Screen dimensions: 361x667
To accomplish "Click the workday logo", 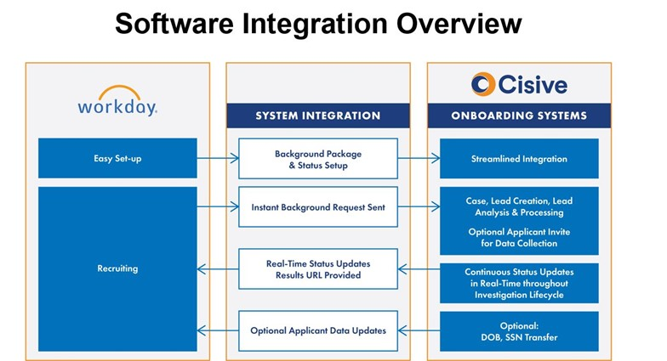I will pos(117,102).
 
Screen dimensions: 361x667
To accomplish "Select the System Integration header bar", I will pos(318,116).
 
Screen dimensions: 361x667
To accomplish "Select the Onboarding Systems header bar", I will pos(519,116).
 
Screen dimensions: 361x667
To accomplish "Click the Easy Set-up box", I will pos(117,158).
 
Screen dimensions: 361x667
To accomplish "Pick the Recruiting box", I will pos(117,268).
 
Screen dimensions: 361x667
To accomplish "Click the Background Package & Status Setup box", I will pos(318,159).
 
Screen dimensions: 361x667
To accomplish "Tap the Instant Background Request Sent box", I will pos(318,206).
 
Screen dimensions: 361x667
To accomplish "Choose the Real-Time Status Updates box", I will pos(318,269).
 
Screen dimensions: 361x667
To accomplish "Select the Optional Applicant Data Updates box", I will pos(318,330).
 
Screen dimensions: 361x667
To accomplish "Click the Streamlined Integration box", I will pos(519,158).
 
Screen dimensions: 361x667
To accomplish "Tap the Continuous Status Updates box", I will pos(519,283).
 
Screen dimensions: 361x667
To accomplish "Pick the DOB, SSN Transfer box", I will pos(519,330).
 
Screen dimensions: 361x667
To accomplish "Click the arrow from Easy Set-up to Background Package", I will pos(217,158).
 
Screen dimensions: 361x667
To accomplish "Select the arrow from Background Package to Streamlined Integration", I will pos(418,158).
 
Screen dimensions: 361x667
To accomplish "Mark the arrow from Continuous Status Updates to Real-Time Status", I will pos(418,269).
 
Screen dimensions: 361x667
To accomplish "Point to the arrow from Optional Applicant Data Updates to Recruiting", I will pos(217,330).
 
